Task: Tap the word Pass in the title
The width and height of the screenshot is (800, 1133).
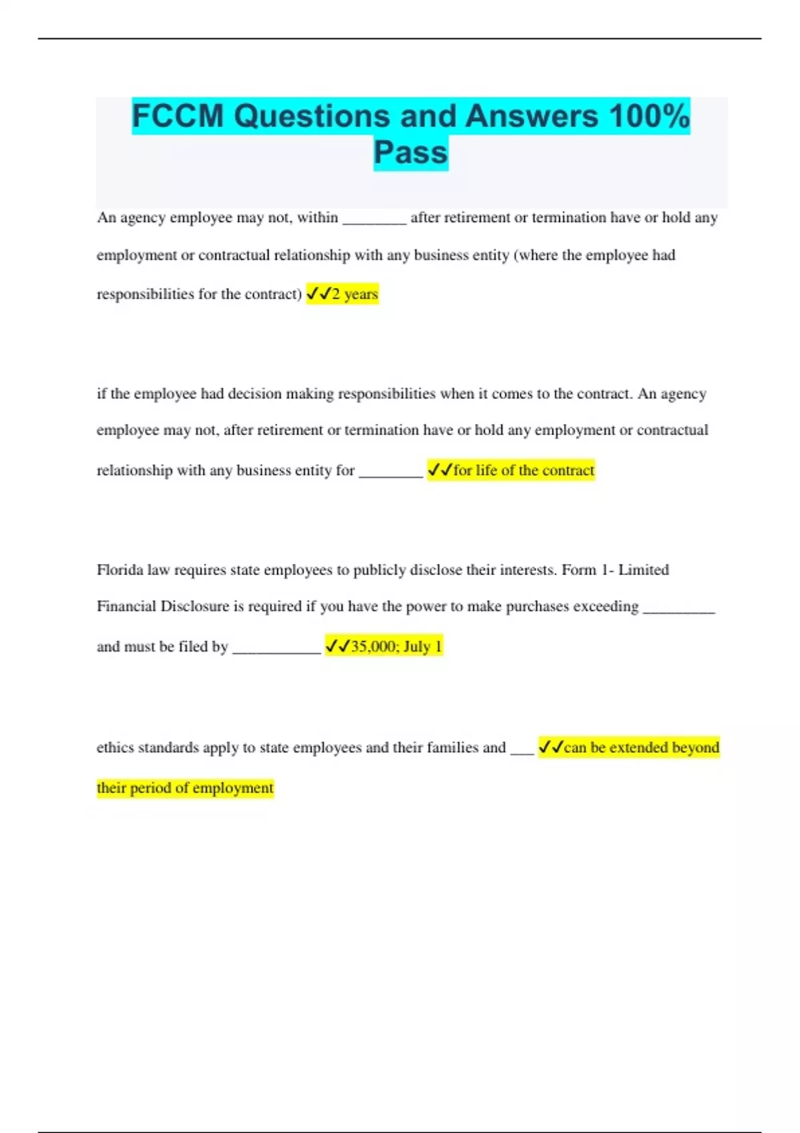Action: [x=411, y=153]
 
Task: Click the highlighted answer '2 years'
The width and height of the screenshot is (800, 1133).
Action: [x=355, y=294]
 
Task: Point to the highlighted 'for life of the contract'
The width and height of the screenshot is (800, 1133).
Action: [x=523, y=471]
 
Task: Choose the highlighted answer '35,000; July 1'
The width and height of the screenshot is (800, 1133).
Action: [x=396, y=646]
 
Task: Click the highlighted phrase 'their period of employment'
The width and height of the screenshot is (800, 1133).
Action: [x=185, y=788]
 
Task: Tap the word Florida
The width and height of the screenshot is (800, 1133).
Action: [x=119, y=570]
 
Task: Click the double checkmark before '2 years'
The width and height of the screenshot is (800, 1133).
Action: [x=319, y=294]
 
